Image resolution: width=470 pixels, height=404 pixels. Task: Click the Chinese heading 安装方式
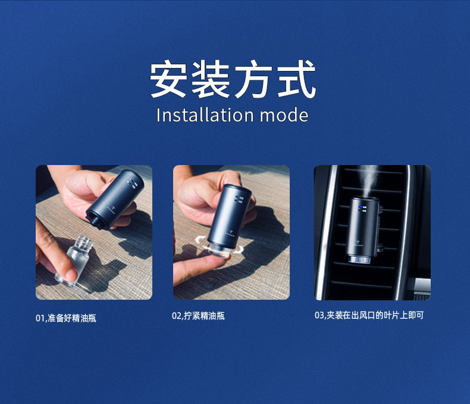[233, 79]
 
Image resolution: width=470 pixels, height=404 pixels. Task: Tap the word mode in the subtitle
[284, 116]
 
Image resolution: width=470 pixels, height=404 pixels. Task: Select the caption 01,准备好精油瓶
[66, 318]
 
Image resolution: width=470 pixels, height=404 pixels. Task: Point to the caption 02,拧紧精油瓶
[199, 316]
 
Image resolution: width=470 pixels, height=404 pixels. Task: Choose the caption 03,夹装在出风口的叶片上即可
[369, 315]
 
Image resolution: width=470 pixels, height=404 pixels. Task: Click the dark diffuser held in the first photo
[114, 199]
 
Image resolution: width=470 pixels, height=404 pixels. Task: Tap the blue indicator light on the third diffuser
[361, 207]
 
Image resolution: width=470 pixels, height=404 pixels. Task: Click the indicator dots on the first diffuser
[132, 184]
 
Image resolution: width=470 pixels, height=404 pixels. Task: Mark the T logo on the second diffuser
[230, 232]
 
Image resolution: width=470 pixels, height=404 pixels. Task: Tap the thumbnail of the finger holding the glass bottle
[71, 274]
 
